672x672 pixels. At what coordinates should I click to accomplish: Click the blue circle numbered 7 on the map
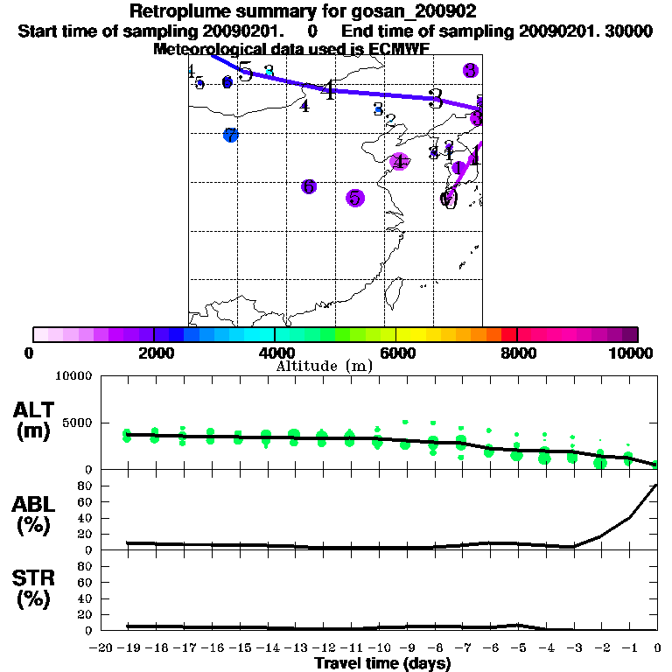pos(230,136)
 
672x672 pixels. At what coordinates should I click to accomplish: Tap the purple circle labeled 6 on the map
pos(308,186)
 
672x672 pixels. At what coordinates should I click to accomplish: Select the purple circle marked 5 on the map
pos(354,198)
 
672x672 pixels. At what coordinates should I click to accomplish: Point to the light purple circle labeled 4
pos(399,161)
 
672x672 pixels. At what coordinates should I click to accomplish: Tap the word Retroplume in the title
pos(173,11)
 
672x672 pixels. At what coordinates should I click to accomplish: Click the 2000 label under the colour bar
pos(154,353)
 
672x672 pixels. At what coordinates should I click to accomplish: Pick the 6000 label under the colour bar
pos(395,353)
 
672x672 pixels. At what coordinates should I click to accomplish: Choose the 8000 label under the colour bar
pos(517,353)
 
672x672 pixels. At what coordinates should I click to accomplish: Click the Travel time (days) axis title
pos(382,663)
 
